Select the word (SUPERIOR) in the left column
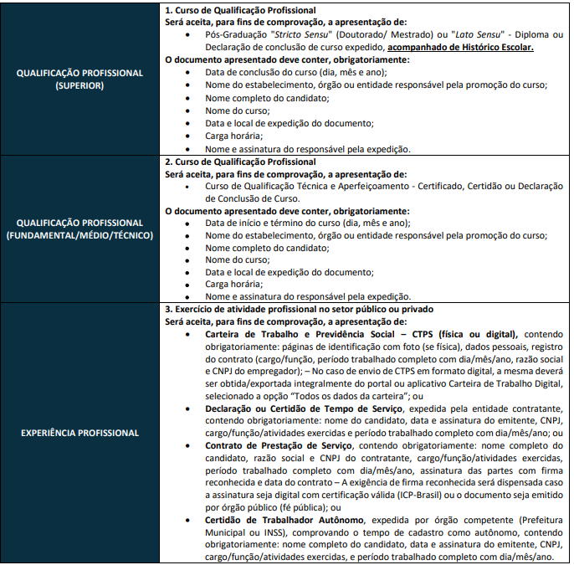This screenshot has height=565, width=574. click(82, 85)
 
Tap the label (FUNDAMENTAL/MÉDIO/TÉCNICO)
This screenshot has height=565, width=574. click(82, 235)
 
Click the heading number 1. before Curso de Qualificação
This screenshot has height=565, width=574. click(169, 8)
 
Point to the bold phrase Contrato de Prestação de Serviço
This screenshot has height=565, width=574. click(279, 446)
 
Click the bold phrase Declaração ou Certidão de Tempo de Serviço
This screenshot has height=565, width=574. click(305, 408)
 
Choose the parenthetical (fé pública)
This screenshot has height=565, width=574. click(298, 508)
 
